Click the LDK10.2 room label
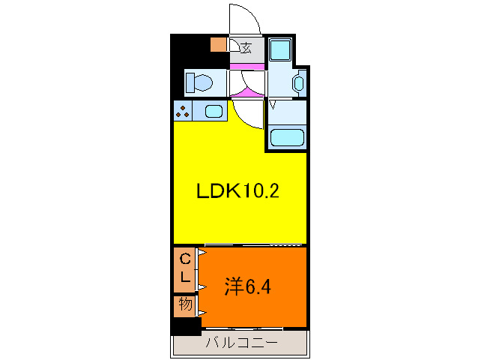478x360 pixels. pyautogui.click(x=238, y=191)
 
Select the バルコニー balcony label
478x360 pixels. pyautogui.click(x=241, y=343)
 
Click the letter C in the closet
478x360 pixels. pyautogui.click(x=184, y=259)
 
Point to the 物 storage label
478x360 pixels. pyautogui.click(x=184, y=305)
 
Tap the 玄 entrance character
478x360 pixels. pyautogui.click(x=246, y=49)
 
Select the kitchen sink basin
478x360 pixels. pyautogui.click(x=213, y=112)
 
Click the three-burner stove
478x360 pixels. pyautogui.click(x=182, y=112)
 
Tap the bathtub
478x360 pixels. pyautogui.click(x=286, y=137)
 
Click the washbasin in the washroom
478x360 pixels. pyautogui.click(x=299, y=83)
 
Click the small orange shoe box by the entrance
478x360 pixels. pyautogui.click(x=218, y=44)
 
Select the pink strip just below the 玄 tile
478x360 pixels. pyautogui.click(x=246, y=67)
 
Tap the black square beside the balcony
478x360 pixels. pyautogui.click(x=185, y=326)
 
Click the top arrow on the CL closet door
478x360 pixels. pyautogui.click(x=201, y=253)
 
